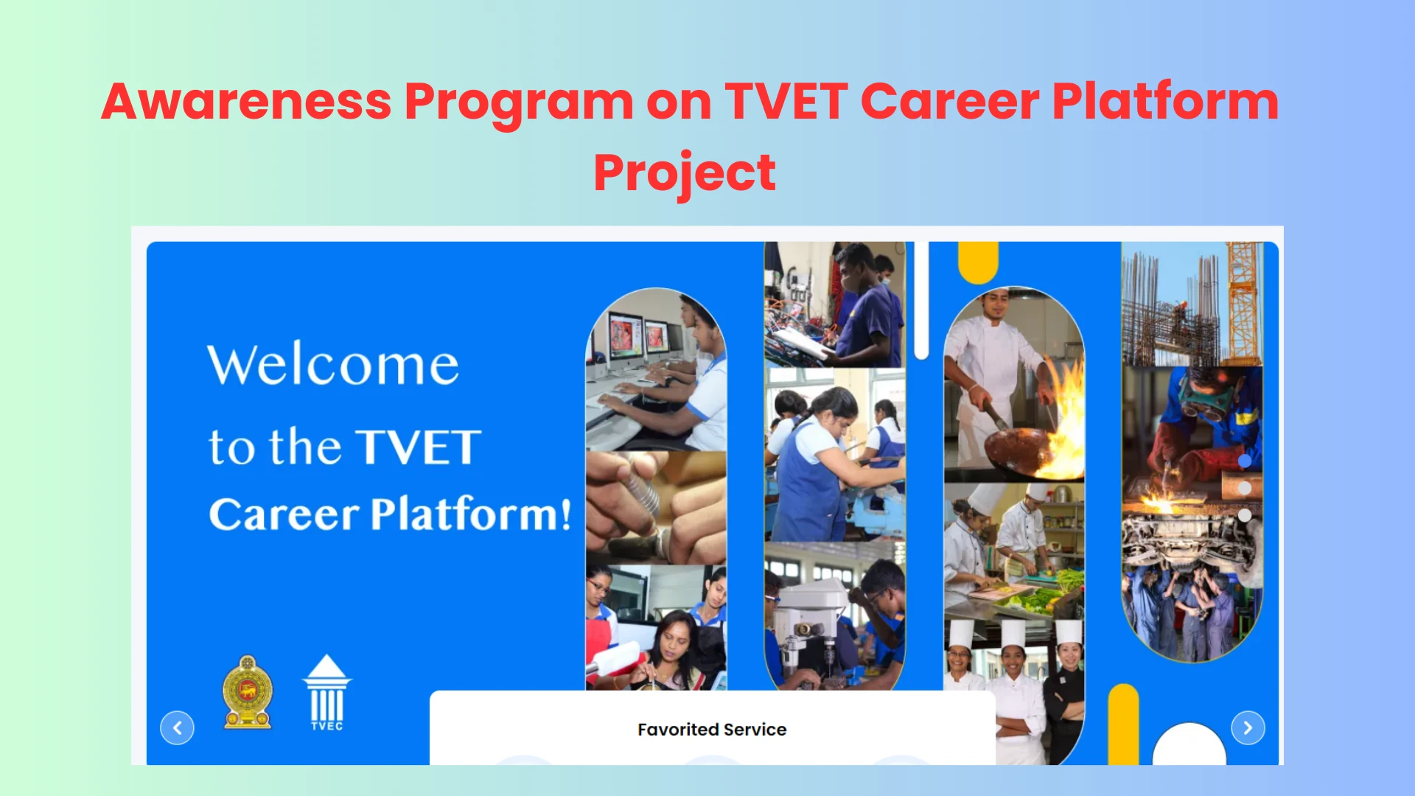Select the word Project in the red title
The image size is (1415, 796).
[x=685, y=174]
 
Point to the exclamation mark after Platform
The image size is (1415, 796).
[x=565, y=514]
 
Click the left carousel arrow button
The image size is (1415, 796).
[x=177, y=728]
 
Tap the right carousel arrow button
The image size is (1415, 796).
[x=1248, y=728]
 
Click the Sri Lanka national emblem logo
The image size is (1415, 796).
[x=248, y=692]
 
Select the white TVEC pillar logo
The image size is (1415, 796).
[x=327, y=692]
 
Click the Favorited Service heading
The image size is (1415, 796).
[x=712, y=730]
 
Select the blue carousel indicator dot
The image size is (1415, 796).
[x=1245, y=461]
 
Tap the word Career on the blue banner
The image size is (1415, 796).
[x=284, y=514]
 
